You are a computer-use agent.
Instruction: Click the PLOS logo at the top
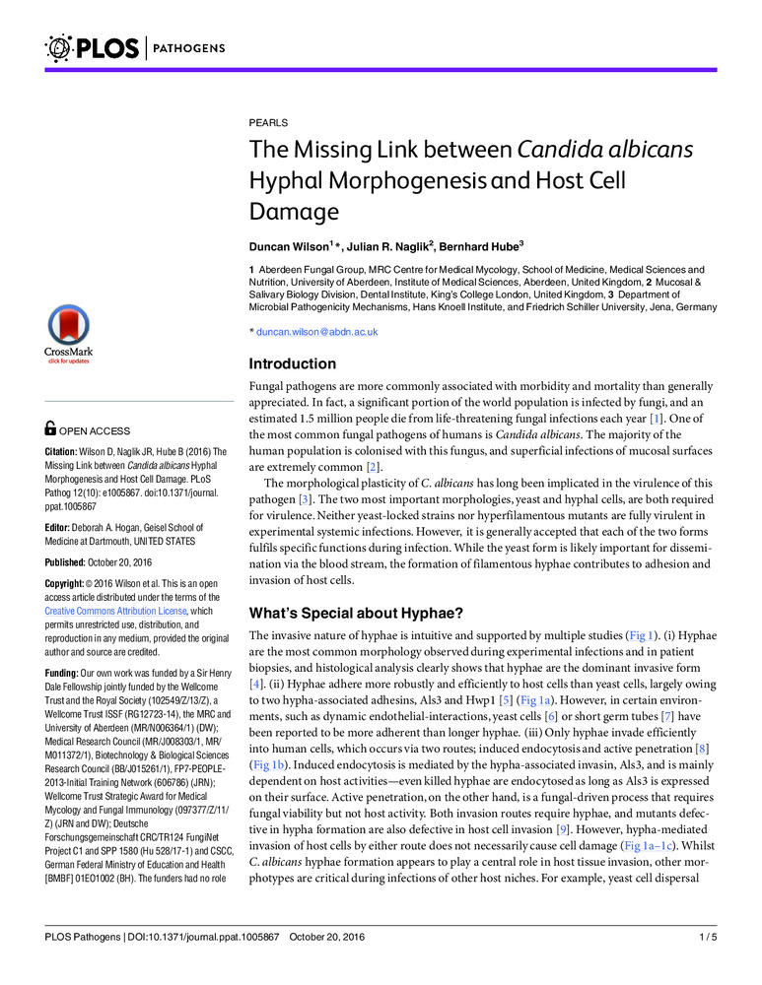pyautogui.click(x=92, y=46)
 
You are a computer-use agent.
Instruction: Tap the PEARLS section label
pyautogui.click(x=268, y=123)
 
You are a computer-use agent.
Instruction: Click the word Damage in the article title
pyautogui.click(x=294, y=211)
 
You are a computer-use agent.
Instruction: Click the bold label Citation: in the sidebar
pyautogui.click(x=67, y=452)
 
